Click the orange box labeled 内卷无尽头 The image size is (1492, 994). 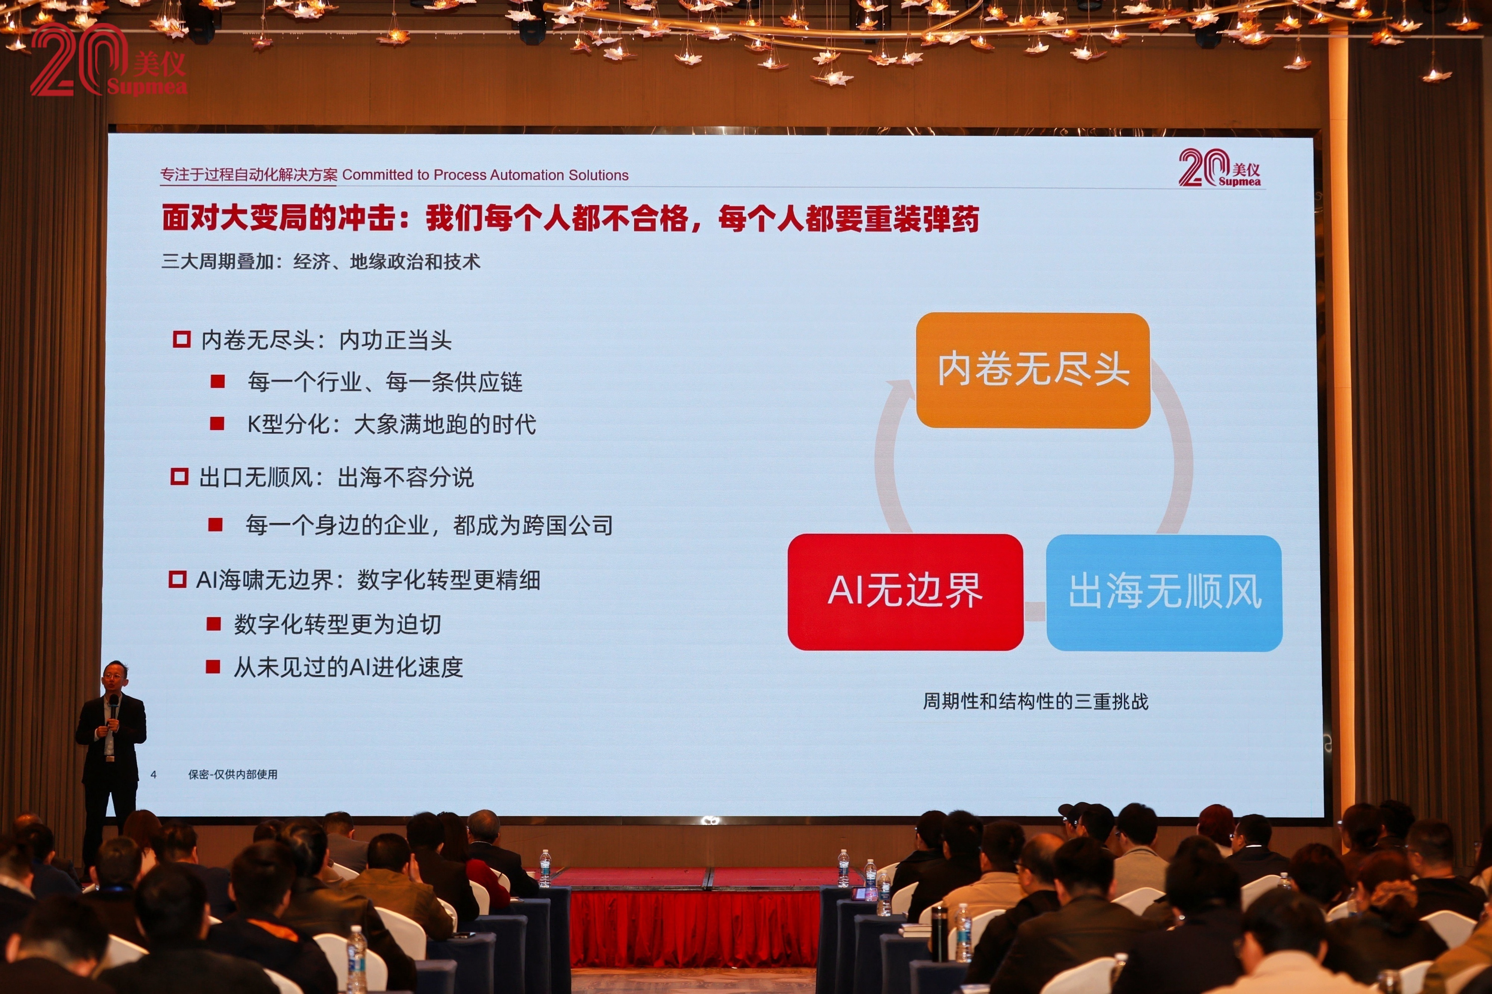[x=1033, y=370]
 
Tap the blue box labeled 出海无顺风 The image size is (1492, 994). [x=1164, y=593]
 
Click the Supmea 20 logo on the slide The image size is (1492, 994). [x=1219, y=168]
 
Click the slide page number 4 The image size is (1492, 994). [x=153, y=774]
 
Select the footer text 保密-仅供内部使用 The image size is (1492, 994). [x=233, y=774]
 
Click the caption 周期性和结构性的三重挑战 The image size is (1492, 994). [x=1035, y=701]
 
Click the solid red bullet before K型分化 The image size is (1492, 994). [x=217, y=423]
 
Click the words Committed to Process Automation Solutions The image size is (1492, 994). [x=485, y=175]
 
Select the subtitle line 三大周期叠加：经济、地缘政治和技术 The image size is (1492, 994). [x=321, y=261]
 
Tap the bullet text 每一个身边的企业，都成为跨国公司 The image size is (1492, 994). [x=429, y=525]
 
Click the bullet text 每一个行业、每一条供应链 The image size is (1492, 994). [x=385, y=381]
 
